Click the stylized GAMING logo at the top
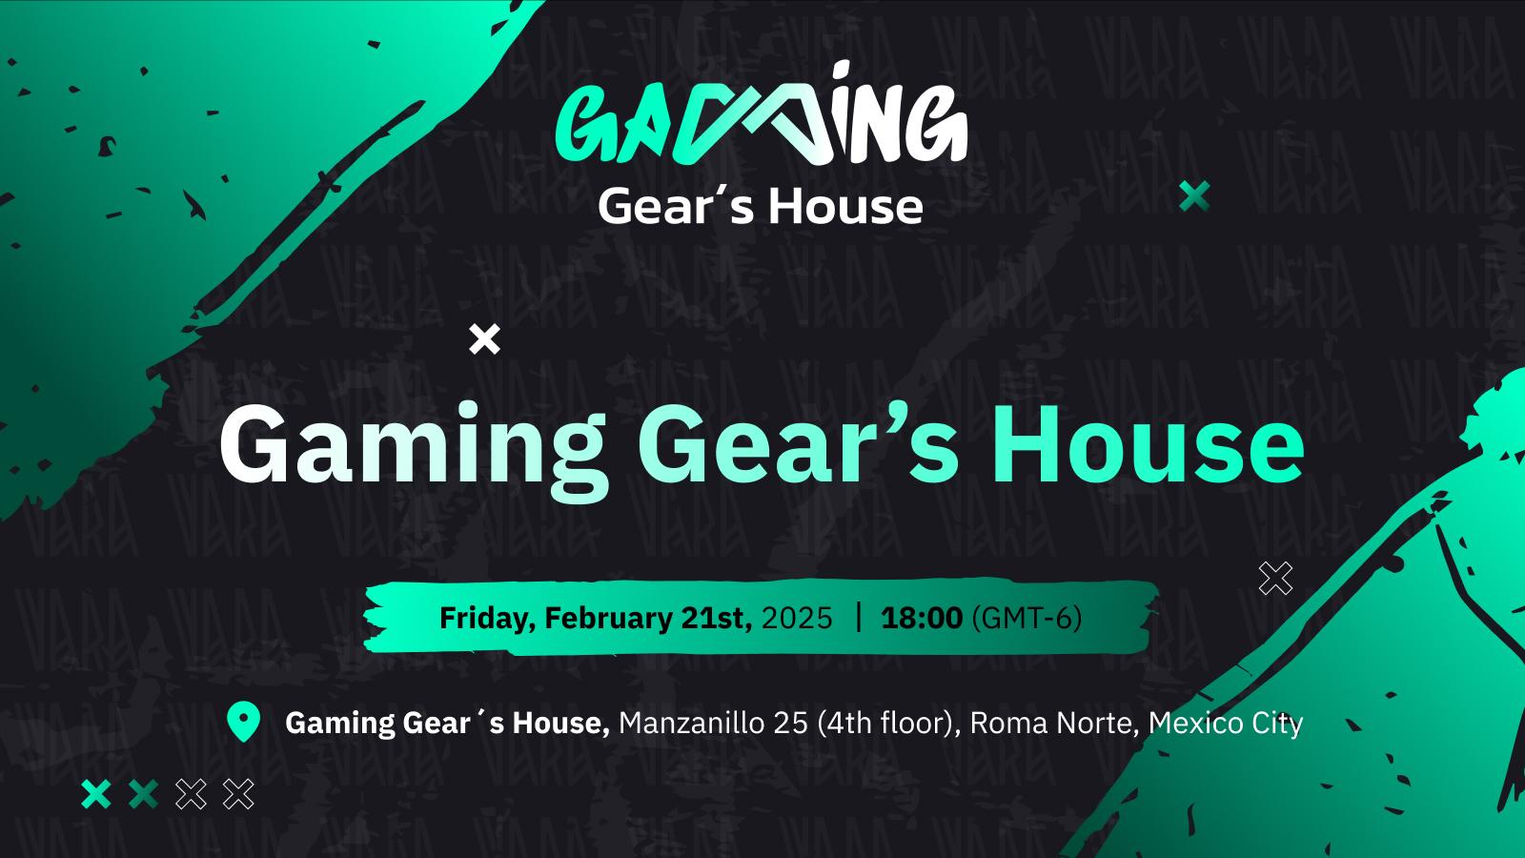[x=762, y=114]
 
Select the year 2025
[x=797, y=619]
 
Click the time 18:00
[x=922, y=619]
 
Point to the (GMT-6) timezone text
[x=1027, y=619]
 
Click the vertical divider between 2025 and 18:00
[x=858, y=617]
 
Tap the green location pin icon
[x=243, y=721]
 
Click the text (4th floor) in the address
[x=888, y=724]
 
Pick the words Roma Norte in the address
[x=1051, y=723]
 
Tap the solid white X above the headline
[x=485, y=339]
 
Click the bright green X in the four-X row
[x=96, y=794]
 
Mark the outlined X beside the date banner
[x=1275, y=579]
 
